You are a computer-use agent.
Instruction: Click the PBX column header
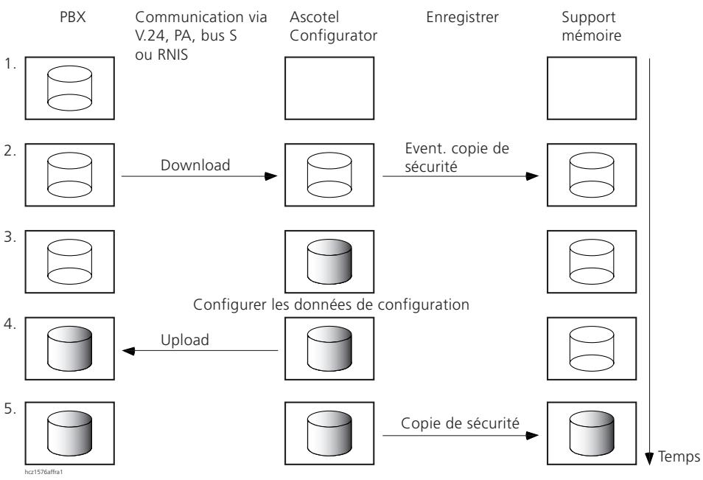(x=73, y=17)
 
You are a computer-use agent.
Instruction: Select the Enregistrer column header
(x=462, y=18)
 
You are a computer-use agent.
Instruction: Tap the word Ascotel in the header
(x=315, y=17)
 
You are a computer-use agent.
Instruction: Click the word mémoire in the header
(x=592, y=35)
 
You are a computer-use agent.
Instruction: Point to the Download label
(x=195, y=165)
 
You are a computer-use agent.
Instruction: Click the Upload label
(x=185, y=340)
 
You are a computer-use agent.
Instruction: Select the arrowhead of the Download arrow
(x=271, y=176)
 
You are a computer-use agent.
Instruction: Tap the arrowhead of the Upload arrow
(x=129, y=351)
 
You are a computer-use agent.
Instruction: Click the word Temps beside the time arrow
(x=679, y=456)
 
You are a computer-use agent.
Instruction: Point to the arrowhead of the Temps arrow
(x=649, y=459)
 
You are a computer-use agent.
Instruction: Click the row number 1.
(x=10, y=64)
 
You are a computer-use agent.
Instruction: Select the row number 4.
(x=10, y=324)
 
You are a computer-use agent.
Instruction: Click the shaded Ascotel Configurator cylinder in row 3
(x=329, y=262)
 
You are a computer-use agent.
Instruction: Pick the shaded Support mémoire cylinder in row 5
(x=592, y=434)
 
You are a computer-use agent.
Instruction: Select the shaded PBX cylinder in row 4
(x=69, y=349)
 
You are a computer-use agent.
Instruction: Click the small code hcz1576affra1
(x=44, y=472)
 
